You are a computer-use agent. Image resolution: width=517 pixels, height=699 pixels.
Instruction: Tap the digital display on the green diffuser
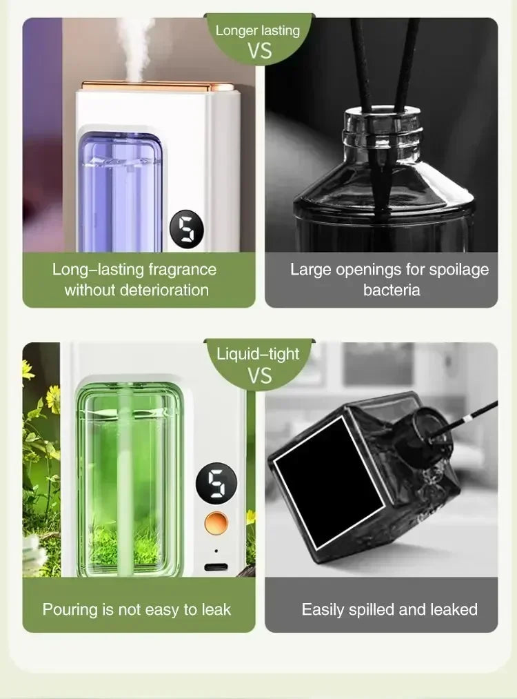point(216,483)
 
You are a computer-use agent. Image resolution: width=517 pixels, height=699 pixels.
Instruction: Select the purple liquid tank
point(120,193)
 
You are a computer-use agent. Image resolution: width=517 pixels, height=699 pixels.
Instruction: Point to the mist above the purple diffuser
point(135,41)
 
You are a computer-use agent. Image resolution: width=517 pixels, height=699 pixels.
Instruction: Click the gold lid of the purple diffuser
point(148,86)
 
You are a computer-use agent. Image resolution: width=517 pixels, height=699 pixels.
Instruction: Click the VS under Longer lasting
point(259,51)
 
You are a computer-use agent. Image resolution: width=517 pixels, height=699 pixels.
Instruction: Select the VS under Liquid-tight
point(259,376)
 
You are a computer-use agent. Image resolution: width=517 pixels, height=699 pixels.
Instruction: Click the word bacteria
point(392,289)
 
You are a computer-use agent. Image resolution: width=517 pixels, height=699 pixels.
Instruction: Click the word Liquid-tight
point(258,354)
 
